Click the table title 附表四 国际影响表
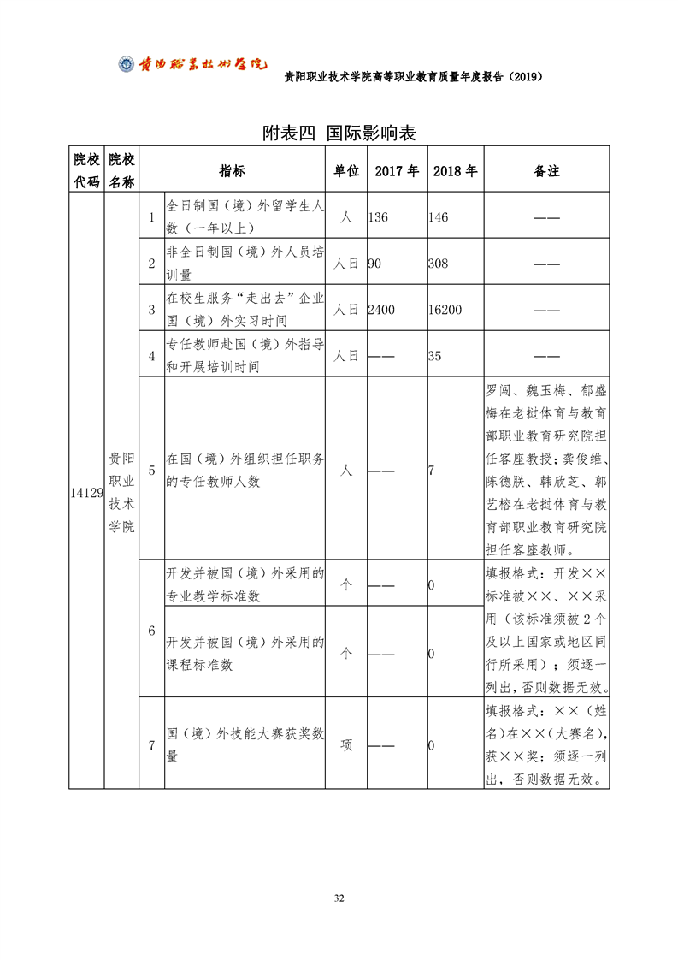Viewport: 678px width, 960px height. pyautogui.click(x=339, y=133)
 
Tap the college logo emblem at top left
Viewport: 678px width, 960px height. pyautogui.click(x=126, y=64)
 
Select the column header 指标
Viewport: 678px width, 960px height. pyautogui.click(x=232, y=170)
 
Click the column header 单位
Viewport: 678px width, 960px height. pyautogui.click(x=345, y=170)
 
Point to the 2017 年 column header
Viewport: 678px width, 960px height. pyautogui.click(x=396, y=170)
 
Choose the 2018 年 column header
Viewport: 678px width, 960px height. pyautogui.click(x=455, y=170)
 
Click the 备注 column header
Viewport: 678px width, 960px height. pyautogui.click(x=546, y=170)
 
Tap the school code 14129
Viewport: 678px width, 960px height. pyautogui.click(x=86, y=493)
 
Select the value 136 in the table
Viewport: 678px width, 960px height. pyautogui.click(x=378, y=217)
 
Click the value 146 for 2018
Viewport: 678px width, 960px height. pyautogui.click(x=438, y=217)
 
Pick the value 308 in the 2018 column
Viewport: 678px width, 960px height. pyautogui.click(x=438, y=264)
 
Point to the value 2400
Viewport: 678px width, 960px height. pyautogui.click(x=381, y=310)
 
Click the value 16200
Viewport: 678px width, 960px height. pyautogui.click(x=445, y=310)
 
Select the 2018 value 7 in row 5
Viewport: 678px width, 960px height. pyautogui.click(x=432, y=471)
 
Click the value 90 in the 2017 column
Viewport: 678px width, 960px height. pyautogui.click(x=374, y=264)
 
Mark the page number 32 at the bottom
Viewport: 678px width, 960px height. pyautogui.click(x=339, y=898)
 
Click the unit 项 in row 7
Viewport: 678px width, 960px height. pyautogui.click(x=346, y=745)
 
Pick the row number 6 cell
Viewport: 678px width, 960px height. pyautogui.click(x=151, y=631)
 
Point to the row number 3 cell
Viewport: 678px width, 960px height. pyautogui.click(x=151, y=310)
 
